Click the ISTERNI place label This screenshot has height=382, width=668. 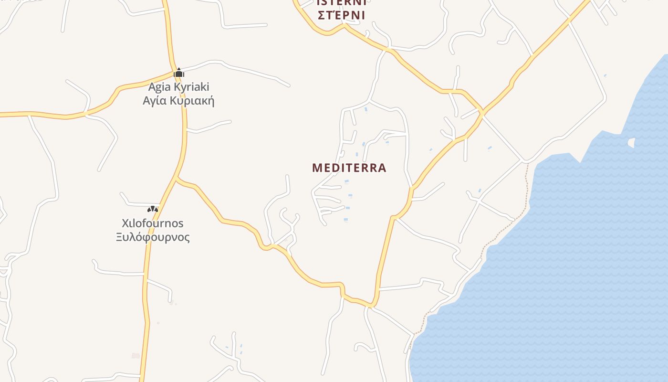pos(341,2)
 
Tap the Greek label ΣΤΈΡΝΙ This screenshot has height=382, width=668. pos(341,15)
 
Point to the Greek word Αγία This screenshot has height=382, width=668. pos(154,101)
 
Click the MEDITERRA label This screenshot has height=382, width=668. pos(349,168)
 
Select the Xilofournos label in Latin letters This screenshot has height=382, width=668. pos(153,223)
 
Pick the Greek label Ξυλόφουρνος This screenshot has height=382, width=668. pos(153,237)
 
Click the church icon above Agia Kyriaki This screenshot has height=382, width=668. pos(179,73)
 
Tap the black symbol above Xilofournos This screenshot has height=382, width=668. pos(152,209)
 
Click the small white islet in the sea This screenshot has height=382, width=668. pos(632,142)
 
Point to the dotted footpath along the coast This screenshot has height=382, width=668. pos(506,229)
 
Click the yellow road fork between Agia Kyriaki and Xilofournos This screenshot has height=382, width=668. pos(177,179)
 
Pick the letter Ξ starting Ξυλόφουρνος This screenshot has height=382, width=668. pos(120,237)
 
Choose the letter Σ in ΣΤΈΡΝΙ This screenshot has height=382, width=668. pos(322,15)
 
